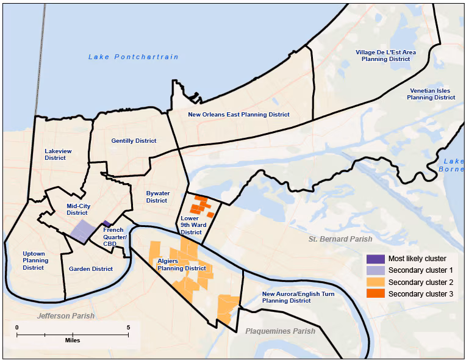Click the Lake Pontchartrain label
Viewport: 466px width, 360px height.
pos(133,57)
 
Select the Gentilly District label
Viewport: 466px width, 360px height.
pos(134,141)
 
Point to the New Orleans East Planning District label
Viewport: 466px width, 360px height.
pos(238,114)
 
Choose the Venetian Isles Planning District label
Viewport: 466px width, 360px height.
pos(431,93)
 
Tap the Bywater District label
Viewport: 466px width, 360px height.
pos(157,196)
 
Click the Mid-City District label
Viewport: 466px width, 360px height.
pos(78,209)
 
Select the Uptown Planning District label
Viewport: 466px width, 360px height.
pos(35,260)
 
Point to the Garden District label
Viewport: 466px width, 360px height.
pos(91,268)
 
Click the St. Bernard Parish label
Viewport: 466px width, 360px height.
pos(340,239)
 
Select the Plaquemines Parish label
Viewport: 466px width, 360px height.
pos(280,331)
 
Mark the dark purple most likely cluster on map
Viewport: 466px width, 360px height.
pos(106,224)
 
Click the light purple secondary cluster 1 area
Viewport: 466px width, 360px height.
pos(82,232)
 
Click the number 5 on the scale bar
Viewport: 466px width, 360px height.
pos(128,328)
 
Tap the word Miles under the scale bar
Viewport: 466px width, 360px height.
pos(73,340)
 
